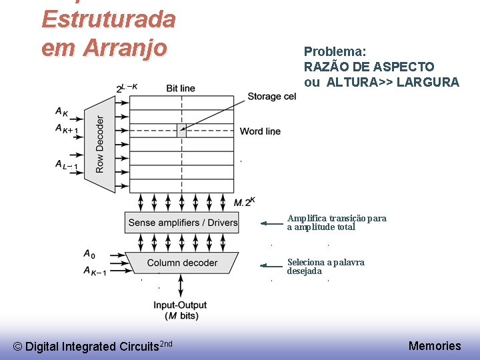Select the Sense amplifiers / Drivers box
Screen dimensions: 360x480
[182, 223]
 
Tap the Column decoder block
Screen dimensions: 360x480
[181, 263]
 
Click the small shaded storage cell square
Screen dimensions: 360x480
[181, 131]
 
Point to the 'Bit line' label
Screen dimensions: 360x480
[180, 88]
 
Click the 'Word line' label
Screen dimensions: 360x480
[260, 131]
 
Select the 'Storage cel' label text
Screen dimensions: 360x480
[271, 97]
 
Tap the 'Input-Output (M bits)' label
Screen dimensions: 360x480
[180, 310]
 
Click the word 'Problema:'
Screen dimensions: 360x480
[335, 51]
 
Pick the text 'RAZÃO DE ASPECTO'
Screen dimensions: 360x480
[369, 67]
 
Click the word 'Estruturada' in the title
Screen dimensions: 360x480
[108, 19]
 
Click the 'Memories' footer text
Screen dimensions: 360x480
[435, 345]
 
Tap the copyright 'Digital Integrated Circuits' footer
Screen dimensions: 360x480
[93, 346]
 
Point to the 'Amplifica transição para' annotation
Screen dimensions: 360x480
[336, 218]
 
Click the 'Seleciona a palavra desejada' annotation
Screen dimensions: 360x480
[325, 266]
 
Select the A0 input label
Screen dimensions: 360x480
[89, 253]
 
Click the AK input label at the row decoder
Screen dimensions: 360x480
[62, 111]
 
